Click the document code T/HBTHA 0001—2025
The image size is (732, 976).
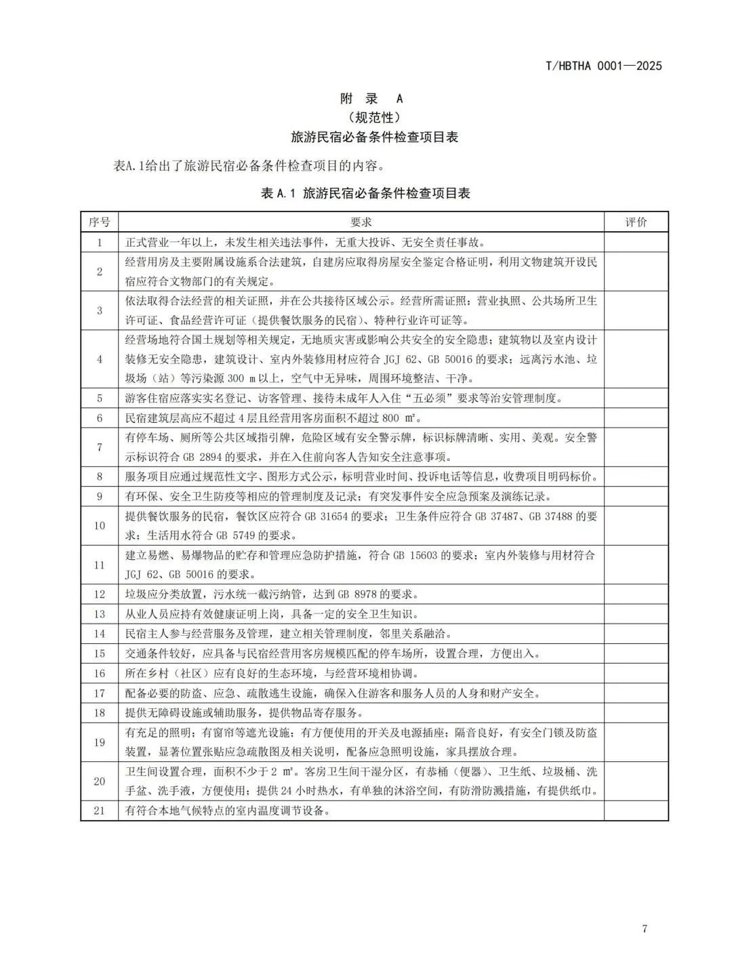603,66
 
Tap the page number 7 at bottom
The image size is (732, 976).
645,929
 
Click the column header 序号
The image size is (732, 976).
100,222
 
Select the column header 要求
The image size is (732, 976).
361,222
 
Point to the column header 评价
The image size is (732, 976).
636,222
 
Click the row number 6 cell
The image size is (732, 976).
100,418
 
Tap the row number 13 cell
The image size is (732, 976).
100,614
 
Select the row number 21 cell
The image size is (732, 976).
100,811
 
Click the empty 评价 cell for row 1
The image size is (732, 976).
636,242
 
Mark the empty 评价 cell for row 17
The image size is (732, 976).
636,693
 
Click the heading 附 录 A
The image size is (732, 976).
371,99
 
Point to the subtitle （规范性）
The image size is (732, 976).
371,117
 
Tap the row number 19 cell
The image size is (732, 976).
100,742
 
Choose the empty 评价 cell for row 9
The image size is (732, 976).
636,497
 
